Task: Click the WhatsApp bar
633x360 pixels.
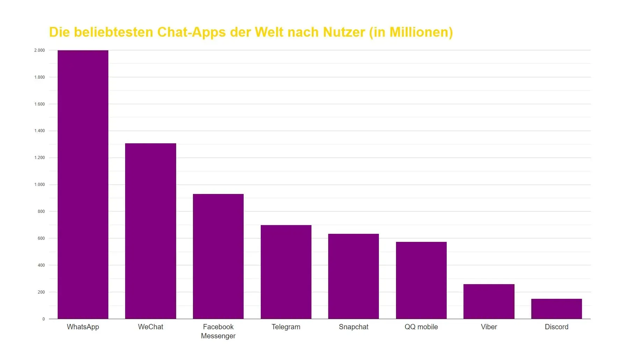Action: pyautogui.click(x=83, y=185)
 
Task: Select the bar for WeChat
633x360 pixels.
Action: pyautogui.click(x=151, y=231)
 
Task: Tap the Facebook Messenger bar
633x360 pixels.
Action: pyautogui.click(x=218, y=256)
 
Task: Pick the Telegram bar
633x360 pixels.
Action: pyautogui.click(x=286, y=272)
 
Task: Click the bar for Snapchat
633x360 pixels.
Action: pyautogui.click(x=353, y=276)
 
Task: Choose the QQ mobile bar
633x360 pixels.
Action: pyautogui.click(x=421, y=280)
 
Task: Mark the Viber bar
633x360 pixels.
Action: pyautogui.click(x=489, y=301)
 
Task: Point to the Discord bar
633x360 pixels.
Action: pyautogui.click(x=556, y=309)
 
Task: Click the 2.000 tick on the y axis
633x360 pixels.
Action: pyautogui.click(x=39, y=50)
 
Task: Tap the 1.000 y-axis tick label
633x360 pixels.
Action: pyautogui.click(x=39, y=185)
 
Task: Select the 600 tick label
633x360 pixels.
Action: pyautogui.click(x=41, y=238)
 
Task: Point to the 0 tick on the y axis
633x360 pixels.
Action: pyautogui.click(x=43, y=319)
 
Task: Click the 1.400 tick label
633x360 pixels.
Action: pyautogui.click(x=39, y=131)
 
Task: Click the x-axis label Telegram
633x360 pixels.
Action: pyautogui.click(x=286, y=327)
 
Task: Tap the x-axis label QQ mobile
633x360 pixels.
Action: pyautogui.click(x=421, y=327)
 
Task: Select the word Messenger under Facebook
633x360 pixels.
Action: pyautogui.click(x=218, y=336)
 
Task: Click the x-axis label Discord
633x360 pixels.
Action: pyautogui.click(x=556, y=327)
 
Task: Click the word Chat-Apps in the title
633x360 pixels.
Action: pyautogui.click(x=192, y=32)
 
